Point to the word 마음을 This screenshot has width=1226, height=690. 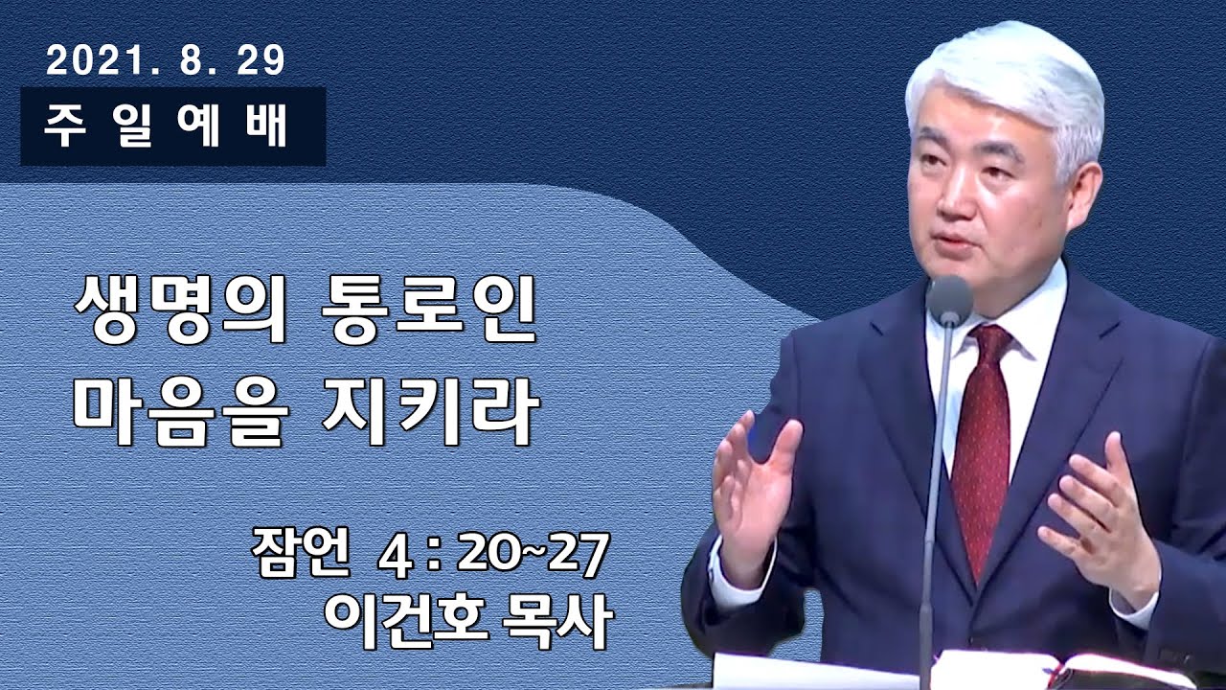pyautogui.click(x=179, y=414)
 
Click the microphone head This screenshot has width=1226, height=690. pyautogui.click(x=949, y=300)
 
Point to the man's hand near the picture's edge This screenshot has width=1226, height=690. pyautogui.click(x=1101, y=508)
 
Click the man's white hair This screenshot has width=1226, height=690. pyautogui.click(x=1006, y=77)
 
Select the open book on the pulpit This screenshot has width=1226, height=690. pyautogui.click(x=1054, y=671)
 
